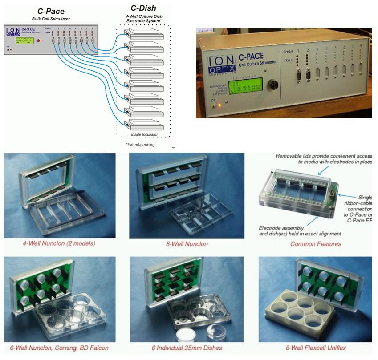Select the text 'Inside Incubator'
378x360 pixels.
pyautogui.click(x=144, y=134)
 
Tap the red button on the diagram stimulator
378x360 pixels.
pyautogui.click(x=39, y=41)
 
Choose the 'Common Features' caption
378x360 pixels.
pyautogui.click(x=316, y=244)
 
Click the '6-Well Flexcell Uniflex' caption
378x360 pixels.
pyautogui.click(x=315, y=348)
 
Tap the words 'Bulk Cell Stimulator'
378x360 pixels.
pyautogui.click(x=51, y=19)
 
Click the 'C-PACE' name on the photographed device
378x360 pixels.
pyautogui.click(x=250, y=57)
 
